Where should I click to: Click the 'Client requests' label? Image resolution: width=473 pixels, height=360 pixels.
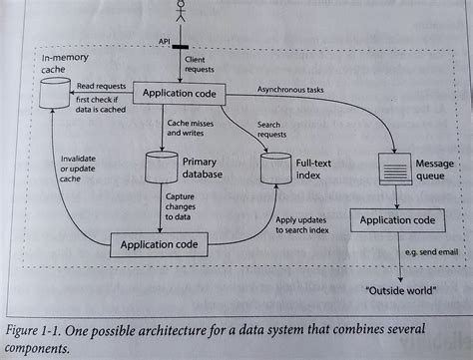coord(202,66)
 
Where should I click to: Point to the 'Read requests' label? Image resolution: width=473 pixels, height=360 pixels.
coord(101,86)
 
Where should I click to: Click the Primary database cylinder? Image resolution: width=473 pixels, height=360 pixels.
coord(162,166)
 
